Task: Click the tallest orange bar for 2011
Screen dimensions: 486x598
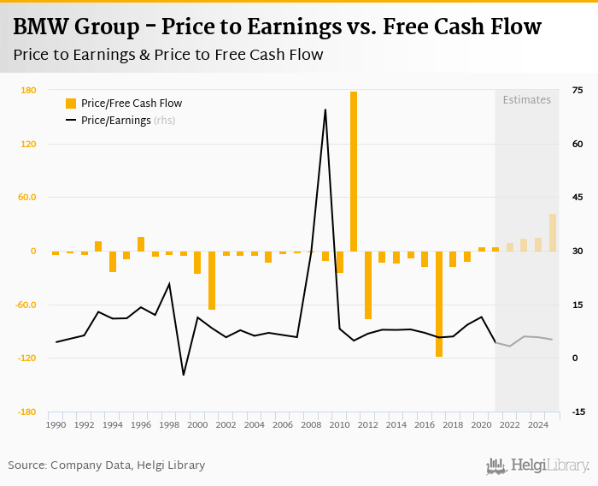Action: (x=354, y=171)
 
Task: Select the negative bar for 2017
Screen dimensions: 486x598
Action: (x=439, y=304)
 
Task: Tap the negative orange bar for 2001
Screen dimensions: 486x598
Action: (x=212, y=280)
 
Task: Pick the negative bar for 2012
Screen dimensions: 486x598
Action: (x=368, y=285)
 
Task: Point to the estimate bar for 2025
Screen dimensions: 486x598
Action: (x=553, y=233)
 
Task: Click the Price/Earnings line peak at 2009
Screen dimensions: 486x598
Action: (x=325, y=110)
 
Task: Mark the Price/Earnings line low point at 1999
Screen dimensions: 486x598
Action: (x=183, y=375)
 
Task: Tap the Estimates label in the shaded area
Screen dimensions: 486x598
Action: (x=526, y=100)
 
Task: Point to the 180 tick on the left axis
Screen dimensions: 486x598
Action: (x=27, y=91)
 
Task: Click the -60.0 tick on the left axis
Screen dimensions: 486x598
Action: (x=26, y=305)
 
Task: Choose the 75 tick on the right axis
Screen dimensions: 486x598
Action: (x=577, y=91)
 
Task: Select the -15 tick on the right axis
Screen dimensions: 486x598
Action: (x=577, y=412)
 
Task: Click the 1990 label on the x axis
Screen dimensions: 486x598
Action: (x=56, y=425)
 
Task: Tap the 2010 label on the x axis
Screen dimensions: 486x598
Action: (x=339, y=425)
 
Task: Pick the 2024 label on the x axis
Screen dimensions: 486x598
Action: (x=538, y=425)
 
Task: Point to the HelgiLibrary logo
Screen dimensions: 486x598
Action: (x=537, y=465)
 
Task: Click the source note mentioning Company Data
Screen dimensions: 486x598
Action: (x=107, y=465)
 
